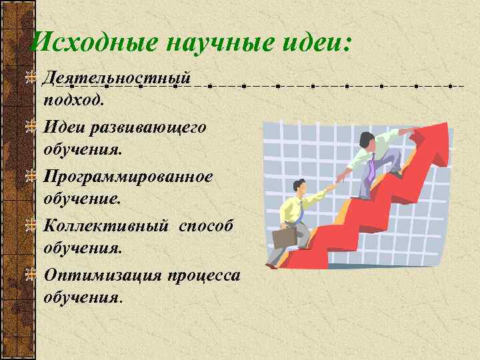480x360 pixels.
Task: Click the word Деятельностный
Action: pyautogui.click(x=117, y=79)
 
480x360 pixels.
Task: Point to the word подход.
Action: pyautogui.click(x=73, y=100)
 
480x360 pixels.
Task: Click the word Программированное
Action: pyautogui.click(x=128, y=177)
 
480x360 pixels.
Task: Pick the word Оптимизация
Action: pyautogui.click(x=103, y=275)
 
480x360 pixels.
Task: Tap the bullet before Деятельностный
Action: pyautogui.click(x=29, y=79)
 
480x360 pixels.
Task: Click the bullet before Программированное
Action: pyautogui.click(x=29, y=177)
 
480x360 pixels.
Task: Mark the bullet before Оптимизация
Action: pyautogui.click(x=29, y=274)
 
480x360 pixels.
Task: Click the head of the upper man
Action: pyautogui.click(x=366, y=141)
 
